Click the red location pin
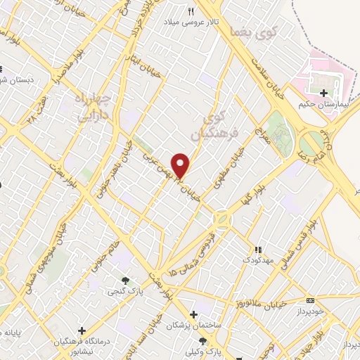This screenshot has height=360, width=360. (181, 165)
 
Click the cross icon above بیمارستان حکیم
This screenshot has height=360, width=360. (323, 93)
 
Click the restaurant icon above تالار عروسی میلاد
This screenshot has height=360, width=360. (191, 11)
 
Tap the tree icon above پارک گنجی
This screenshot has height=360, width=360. (126, 281)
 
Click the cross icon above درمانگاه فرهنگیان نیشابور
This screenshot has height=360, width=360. (82, 330)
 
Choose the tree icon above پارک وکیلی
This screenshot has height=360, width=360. (202, 341)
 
